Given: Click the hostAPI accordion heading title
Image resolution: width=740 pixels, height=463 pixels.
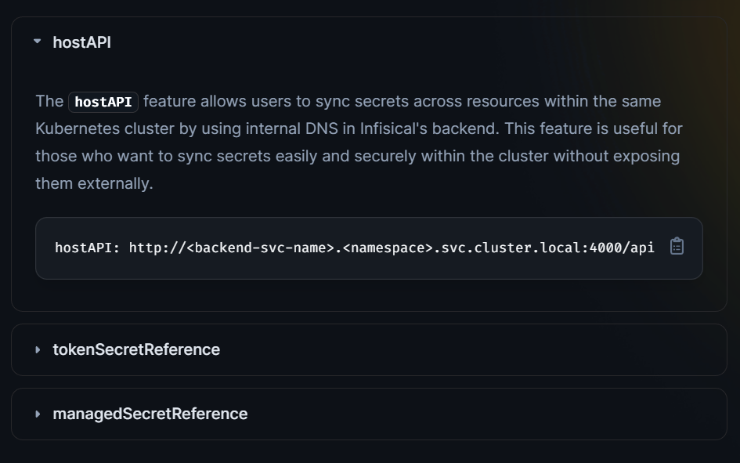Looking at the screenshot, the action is point(81,42).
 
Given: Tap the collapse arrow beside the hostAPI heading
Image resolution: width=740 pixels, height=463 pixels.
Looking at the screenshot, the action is point(38,42).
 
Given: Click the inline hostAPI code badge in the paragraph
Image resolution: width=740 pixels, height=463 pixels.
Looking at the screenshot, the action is point(103,102).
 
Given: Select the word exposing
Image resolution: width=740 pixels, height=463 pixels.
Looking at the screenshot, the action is point(647,156).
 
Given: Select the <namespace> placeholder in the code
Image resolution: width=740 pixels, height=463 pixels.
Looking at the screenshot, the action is point(388,248).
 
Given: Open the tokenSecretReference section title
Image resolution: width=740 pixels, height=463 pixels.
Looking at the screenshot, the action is point(136,349).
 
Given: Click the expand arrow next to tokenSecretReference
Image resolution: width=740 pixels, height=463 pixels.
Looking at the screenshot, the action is point(38,349).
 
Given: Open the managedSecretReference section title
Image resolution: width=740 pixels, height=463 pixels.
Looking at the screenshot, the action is point(150,414).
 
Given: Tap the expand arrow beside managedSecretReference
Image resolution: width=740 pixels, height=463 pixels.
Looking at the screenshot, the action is point(38,414).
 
